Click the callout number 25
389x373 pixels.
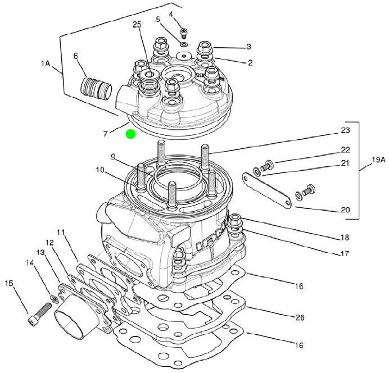(137, 25)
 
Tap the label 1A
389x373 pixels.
(46, 63)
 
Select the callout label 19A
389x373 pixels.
(379, 160)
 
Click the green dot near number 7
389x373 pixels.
(130, 134)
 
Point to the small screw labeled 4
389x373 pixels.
(184, 33)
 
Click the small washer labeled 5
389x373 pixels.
(184, 45)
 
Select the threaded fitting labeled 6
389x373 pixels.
(96, 88)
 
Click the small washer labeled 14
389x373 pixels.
(54, 299)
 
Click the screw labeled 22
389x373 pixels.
(267, 166)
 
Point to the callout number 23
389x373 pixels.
(345, 130)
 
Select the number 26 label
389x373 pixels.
(300, 317)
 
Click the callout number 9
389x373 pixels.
(113, 157)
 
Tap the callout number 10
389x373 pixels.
(101, 170)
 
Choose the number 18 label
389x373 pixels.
(345, 238)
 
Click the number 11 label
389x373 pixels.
(61, 232)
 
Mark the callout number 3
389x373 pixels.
(249, 47)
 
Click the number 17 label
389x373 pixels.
(345, 253)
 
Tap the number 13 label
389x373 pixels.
(40, 252)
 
